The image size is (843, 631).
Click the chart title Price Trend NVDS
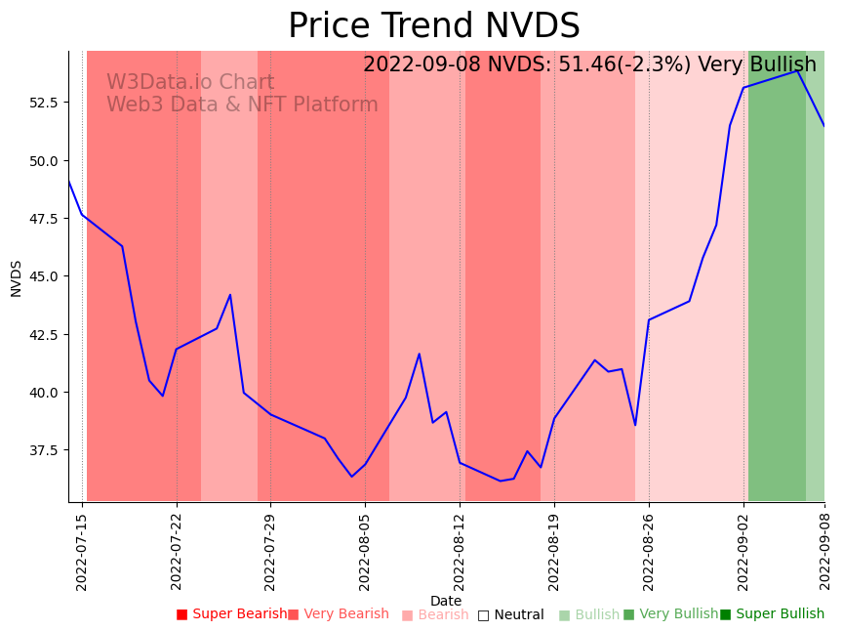(x=433, y=26)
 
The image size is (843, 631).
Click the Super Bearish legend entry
(x=232, y=614)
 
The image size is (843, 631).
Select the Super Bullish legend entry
(x=772, y=614)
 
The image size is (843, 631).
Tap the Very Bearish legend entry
(x=339, y=614)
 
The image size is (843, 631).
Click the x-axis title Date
(x=446, y=601)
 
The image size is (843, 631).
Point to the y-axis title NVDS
(x=17, y=277)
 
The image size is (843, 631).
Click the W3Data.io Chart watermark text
(x=190, y=83)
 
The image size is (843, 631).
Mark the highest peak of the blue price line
(x=797, y=70)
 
